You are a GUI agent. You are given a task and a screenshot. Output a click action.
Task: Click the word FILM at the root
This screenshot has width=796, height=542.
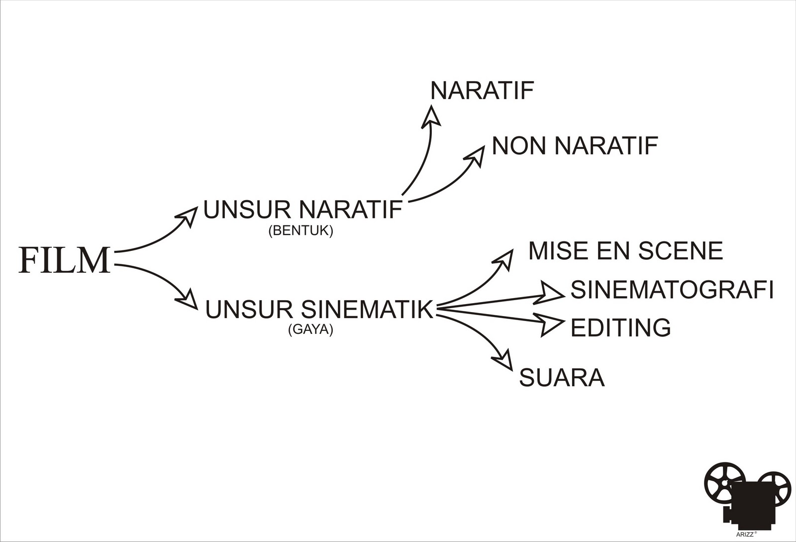(x=64, y=260)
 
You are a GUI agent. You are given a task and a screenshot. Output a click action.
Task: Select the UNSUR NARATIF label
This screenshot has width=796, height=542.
(x=302, y=210)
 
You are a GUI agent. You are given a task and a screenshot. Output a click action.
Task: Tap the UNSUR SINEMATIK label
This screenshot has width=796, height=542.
(x=319, y=309)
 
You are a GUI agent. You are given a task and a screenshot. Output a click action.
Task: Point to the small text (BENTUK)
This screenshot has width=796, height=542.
(x=300, y=231)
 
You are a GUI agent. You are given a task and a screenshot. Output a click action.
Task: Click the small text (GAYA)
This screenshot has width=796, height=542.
(x=310, y=330)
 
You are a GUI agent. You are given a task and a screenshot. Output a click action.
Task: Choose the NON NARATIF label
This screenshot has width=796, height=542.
(x=575, y=146)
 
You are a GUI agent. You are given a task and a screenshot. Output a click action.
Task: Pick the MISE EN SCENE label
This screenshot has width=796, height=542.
(x=625, y=250)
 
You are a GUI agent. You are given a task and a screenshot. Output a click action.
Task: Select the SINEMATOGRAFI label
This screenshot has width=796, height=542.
(x=672, y=290)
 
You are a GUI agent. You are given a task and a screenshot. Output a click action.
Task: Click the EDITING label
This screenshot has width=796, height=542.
(x=620, y=327)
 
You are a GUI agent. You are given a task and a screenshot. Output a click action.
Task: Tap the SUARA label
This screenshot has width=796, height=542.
(x=562, y=378)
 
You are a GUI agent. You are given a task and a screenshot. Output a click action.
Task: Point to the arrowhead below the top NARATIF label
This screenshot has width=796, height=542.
(x=431, y=116)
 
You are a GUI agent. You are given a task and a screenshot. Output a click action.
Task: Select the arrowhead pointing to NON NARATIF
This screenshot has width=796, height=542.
(x=475, y=155)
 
